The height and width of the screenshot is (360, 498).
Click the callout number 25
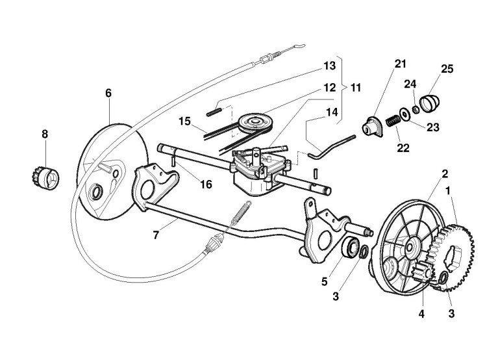pyautogui.click(x=447, y=69)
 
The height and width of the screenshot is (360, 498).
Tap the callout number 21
pyautogui.click(x=399, y=63)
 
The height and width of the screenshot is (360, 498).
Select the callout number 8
pyautogui.click(x=45, y=135)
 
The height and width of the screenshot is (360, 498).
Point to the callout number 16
pyautogui.click(x=205, y=185)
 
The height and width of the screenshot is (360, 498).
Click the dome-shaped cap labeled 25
pyautogui.click(x=430, y=103)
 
